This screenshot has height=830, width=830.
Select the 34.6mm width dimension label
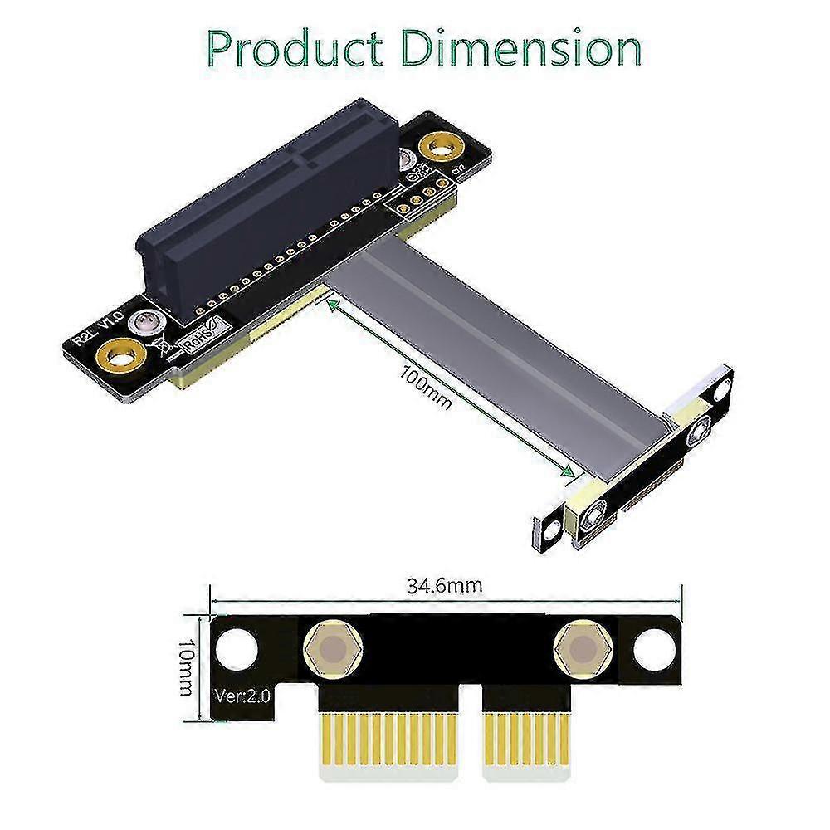tap(445, 585)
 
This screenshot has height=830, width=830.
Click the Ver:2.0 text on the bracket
tap(242, 696)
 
